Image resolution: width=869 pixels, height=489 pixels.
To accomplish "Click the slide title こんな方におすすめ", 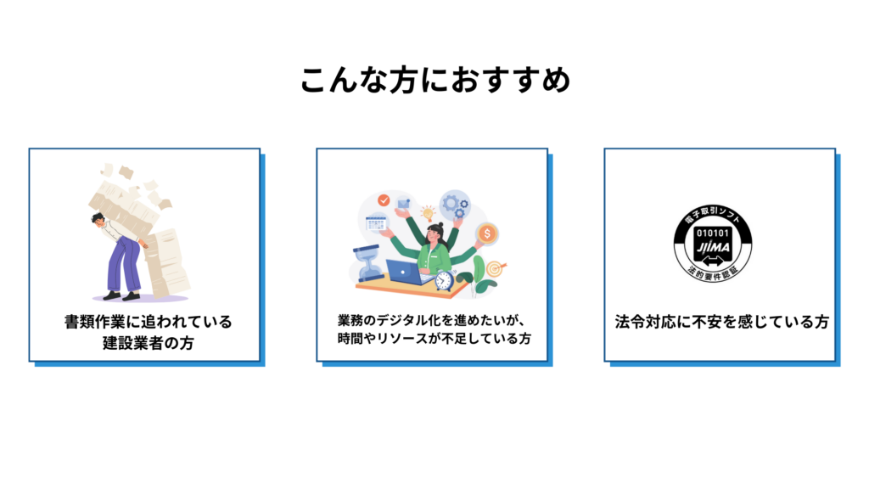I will click(x=434, y=81).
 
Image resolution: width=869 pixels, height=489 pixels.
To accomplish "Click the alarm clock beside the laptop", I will click(x=443, y=279).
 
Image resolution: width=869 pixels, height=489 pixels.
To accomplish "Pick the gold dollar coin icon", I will click(x=487, y=232).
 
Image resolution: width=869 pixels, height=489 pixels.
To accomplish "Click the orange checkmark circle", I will click(x=384, y=201).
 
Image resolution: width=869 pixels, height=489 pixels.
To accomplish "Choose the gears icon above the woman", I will click(x=456, y=205).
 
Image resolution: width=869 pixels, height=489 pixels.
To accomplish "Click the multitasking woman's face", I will click(x=434, y=233).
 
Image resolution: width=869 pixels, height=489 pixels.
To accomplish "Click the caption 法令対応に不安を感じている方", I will click(x=721, y=323).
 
